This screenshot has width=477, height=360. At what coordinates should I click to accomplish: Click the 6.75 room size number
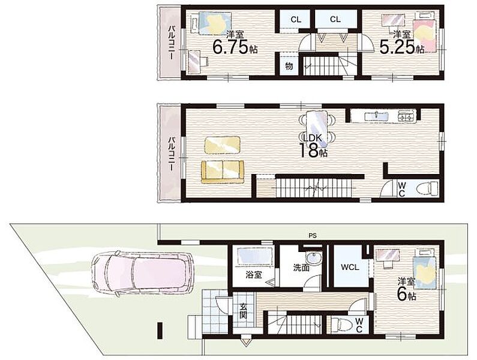230,47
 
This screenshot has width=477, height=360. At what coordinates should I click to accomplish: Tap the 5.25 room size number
397,47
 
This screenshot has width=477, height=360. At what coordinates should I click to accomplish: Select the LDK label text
311,137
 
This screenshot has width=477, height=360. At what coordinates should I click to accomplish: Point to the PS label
313,236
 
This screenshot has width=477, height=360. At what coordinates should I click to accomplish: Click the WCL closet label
350,268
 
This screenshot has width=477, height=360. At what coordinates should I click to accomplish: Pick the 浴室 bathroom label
254,275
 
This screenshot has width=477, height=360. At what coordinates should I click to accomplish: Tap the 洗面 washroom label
301,268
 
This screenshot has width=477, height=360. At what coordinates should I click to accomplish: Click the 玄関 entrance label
243,311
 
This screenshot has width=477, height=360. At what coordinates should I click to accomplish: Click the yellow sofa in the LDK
223,172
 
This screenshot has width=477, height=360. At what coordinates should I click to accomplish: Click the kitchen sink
377,116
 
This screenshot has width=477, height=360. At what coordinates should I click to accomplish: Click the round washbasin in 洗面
314,259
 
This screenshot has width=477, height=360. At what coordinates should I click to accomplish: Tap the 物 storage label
289,66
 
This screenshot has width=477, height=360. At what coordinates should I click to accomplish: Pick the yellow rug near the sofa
223,145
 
